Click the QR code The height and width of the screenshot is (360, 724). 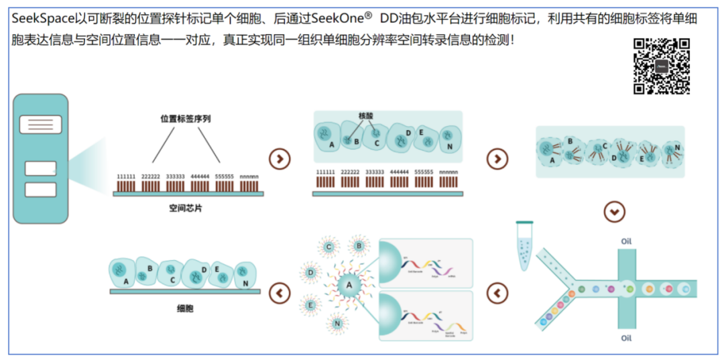661,66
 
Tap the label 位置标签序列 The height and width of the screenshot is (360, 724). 186,119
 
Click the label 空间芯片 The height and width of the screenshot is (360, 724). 186,208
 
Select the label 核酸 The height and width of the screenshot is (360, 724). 365,115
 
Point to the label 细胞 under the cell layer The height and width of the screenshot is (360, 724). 185,309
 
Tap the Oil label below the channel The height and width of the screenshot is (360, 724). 626,339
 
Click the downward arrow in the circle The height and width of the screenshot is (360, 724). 614,212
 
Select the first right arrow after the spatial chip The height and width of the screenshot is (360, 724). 280,159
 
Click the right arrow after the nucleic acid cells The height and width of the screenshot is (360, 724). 497,159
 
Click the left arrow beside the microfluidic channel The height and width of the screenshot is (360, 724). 497,292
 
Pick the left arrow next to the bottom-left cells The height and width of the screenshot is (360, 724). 280,292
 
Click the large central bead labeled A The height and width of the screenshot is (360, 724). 349,287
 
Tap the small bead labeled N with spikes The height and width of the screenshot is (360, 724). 336,324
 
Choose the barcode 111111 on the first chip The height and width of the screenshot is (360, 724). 126,177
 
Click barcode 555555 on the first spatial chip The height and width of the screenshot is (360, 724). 225,177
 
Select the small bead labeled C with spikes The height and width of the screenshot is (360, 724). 329,247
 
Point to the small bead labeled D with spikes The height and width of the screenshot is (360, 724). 310,273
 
